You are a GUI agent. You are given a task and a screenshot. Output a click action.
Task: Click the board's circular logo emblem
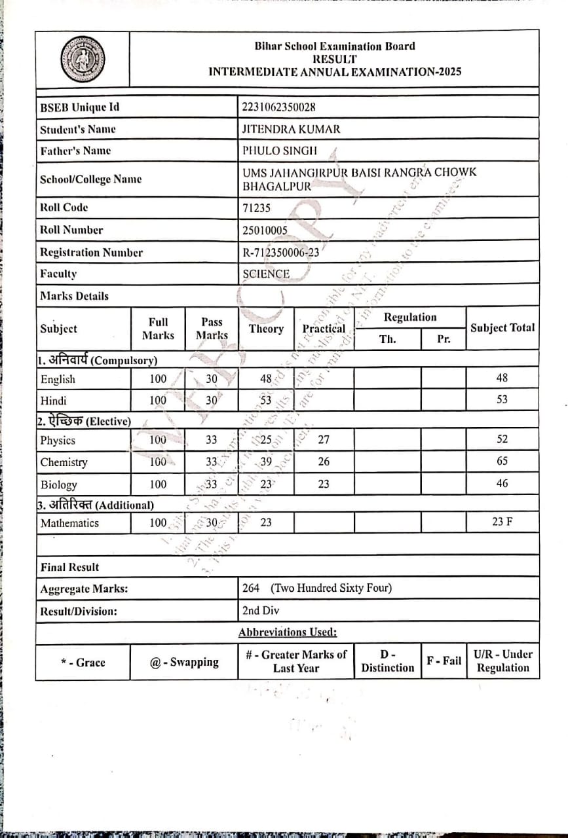point(82,59)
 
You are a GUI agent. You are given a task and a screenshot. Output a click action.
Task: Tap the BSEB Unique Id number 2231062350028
point(278,107)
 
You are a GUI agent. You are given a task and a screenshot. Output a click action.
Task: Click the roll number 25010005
point(265,230)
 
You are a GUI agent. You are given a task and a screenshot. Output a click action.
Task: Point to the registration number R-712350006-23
point(280,253)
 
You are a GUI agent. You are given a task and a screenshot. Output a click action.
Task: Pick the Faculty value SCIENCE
point(266,274)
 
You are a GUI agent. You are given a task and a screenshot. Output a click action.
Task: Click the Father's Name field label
point(76,151)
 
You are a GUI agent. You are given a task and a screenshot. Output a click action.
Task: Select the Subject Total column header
point(502,328)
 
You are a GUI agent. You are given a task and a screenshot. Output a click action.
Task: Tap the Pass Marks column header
point(212,329)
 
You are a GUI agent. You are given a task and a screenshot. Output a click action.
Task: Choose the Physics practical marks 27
point(324,440)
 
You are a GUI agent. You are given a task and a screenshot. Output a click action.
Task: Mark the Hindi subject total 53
point(502,399)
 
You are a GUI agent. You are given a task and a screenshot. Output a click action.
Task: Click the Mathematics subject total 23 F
point(502,522)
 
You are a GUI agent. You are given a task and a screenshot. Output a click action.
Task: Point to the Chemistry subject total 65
point(502,462)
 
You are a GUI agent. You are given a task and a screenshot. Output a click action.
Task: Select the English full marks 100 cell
point(158,379)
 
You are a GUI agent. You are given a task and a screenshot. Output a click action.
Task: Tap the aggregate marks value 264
point(251,588)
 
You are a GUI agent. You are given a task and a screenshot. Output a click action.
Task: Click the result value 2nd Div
point(261,611)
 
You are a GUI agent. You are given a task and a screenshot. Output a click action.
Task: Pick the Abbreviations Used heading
point(288,632)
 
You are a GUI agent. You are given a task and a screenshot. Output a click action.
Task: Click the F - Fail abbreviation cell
point(444,661)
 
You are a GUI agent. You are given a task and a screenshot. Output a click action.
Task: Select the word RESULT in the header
point(334,59)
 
